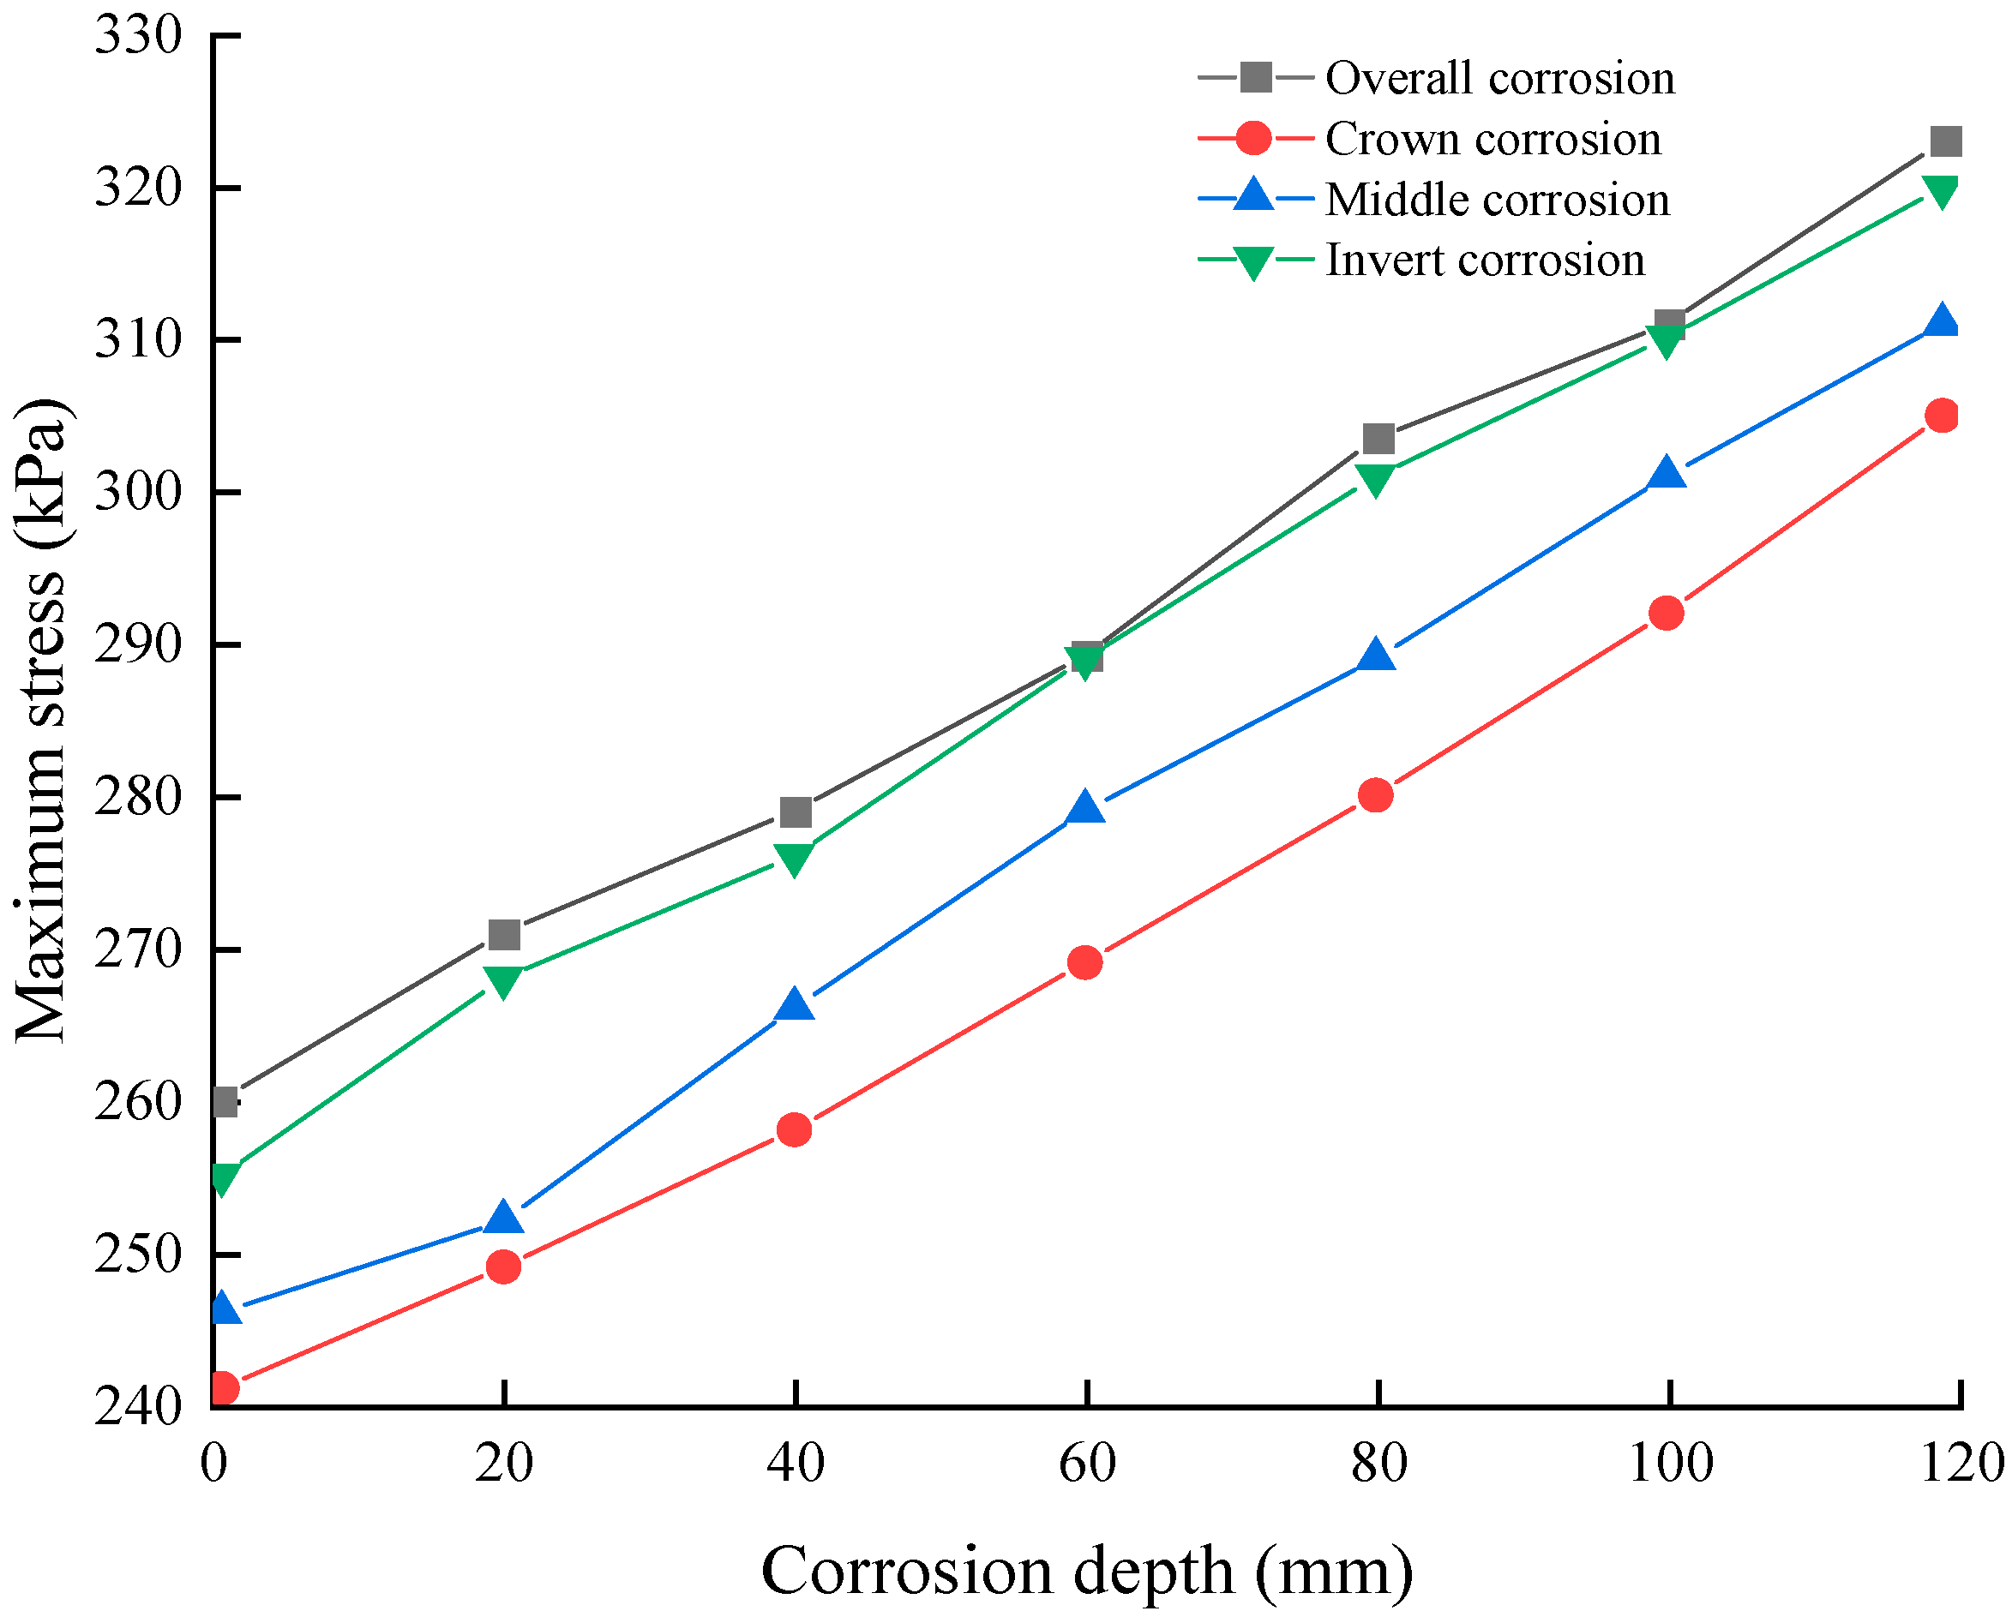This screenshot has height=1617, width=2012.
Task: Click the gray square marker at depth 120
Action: pos(1945,142)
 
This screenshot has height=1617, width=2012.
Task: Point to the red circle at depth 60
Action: pos(1085,962)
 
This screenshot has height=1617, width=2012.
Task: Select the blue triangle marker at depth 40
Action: pos(794,1006)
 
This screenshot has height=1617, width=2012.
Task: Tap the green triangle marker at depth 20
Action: pos(503,981)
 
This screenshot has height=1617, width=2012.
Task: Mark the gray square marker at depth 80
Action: pos(1378,439)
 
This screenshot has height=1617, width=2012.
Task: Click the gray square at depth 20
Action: pos(504,934)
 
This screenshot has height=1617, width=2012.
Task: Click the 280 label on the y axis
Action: pos(137,798)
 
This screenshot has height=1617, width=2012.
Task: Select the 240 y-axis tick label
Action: pos(137,1406)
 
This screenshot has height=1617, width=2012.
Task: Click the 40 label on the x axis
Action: pos(795,1463)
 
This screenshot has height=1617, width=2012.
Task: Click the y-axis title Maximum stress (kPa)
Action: pos(42,721)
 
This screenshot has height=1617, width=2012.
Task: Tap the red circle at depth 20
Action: pos(503,1267)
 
